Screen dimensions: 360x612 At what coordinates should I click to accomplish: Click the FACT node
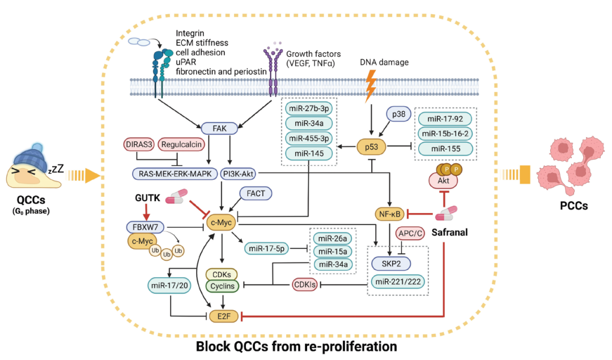click(254, 193)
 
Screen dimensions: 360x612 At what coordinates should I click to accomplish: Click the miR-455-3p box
click(309, 138)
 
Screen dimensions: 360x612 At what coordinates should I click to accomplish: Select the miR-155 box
click(445, 148)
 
